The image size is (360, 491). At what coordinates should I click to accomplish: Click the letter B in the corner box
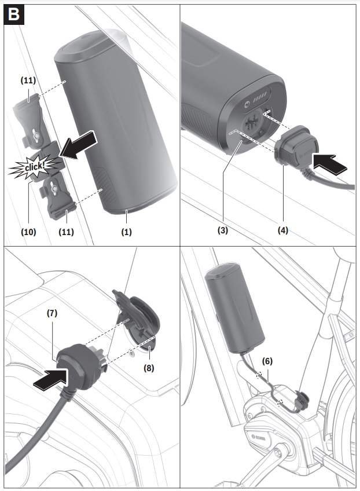(14, 14)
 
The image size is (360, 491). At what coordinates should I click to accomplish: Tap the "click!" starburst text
(29, 168)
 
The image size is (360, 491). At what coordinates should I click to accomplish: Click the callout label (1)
(126, 232)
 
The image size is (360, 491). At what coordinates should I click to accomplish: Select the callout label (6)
(267, 361)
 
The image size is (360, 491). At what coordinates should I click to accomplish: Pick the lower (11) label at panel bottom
(66, 232)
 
